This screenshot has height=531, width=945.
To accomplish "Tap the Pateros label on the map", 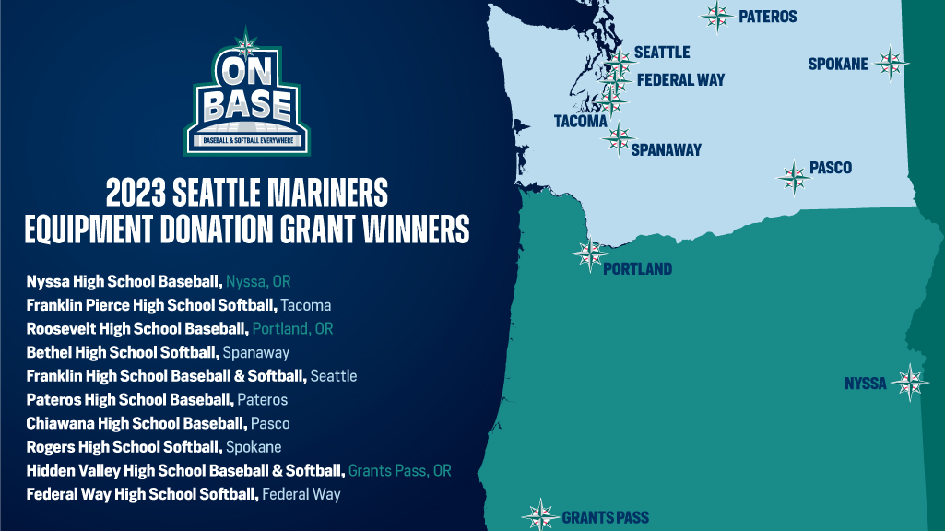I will (x=767, y=17).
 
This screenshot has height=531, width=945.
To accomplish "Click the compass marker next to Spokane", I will (x=891, y=64).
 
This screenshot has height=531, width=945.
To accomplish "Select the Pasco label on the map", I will (x=830, y=168).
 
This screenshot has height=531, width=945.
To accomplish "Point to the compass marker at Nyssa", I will (x=911, y=383).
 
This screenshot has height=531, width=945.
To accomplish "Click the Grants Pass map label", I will (x=605, y=518).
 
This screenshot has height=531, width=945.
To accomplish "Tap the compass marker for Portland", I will (x=589, y=253).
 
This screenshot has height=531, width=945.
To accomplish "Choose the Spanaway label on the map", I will (x=666, y=149).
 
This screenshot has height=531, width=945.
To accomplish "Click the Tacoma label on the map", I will (x=580, y=121).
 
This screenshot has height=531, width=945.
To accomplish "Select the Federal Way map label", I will (x=680, y=80).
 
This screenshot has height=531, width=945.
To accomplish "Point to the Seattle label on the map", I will (x=662, y=53).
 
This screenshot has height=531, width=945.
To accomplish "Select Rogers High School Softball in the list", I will (x=124, y=447).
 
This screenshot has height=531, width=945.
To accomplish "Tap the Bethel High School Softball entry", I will (x=123, y=352).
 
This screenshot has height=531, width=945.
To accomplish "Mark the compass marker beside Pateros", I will (x=716, y=16).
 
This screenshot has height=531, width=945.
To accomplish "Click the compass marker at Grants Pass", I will (x=540, y=515).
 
